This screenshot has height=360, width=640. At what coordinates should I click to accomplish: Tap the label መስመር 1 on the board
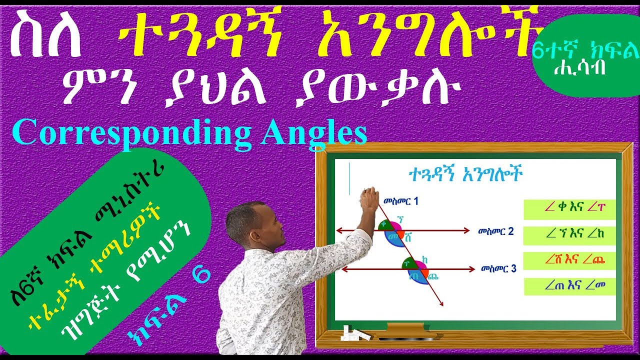pyautogui.click(x=401, y=202)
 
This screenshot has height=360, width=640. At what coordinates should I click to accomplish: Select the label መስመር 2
pyautogui.click(x=495, y=231)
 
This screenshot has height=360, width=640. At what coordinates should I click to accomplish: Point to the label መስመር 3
pyautogui.click(x=498, y=268)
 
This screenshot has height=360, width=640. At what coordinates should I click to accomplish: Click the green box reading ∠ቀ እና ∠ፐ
pyautogui.click(x=569, y=209)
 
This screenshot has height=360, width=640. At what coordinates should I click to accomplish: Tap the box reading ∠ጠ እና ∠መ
pyautogui.click(x=569, y=286)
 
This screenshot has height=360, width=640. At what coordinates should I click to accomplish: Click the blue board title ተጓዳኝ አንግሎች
pyautogui.click(x=465, y=175)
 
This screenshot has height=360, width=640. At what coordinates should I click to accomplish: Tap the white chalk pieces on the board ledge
pyautogui.click(x=353, y=334)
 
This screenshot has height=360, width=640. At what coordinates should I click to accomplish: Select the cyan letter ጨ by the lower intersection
pyautogui.click(x=433, y=275)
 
